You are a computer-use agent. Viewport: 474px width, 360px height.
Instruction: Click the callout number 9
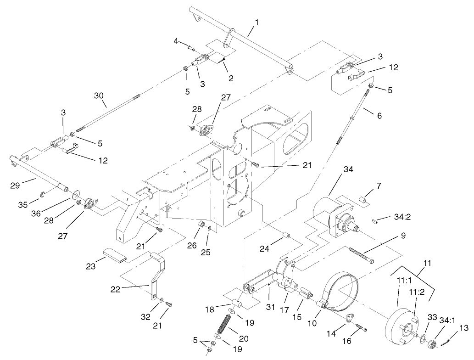pos(403,237)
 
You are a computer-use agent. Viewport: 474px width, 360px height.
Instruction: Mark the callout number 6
pos(379,116)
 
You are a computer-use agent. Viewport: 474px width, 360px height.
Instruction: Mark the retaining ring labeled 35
pos(41,194)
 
